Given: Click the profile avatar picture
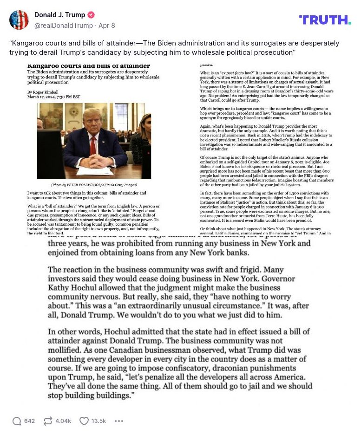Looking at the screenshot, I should tap(19, 20).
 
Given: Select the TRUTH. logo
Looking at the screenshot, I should tap(325, 20).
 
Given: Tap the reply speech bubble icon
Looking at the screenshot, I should tap(17, 421).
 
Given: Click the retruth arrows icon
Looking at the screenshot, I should tap(48, 421).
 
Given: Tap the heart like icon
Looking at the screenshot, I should tap(84, 421).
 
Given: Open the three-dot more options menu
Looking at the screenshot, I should tap(119, 421).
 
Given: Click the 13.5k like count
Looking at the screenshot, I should tap(98, 421).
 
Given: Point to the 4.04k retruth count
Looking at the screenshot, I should tap(63, 421).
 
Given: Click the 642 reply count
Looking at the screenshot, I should tap(29, 421).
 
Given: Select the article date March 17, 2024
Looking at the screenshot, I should tap(53, 97).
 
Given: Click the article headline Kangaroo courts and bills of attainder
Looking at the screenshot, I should tap(89, 66).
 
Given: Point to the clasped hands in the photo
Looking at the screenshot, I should tap(95, 161).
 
